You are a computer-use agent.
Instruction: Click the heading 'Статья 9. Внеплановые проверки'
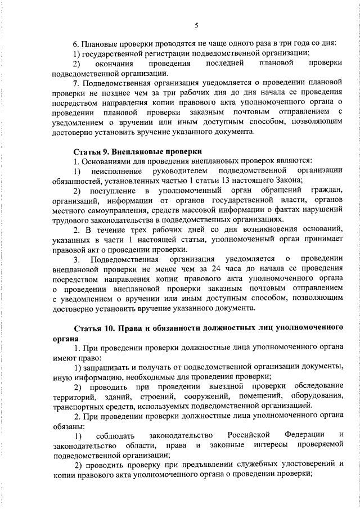138,151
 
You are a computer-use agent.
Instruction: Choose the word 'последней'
223,64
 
